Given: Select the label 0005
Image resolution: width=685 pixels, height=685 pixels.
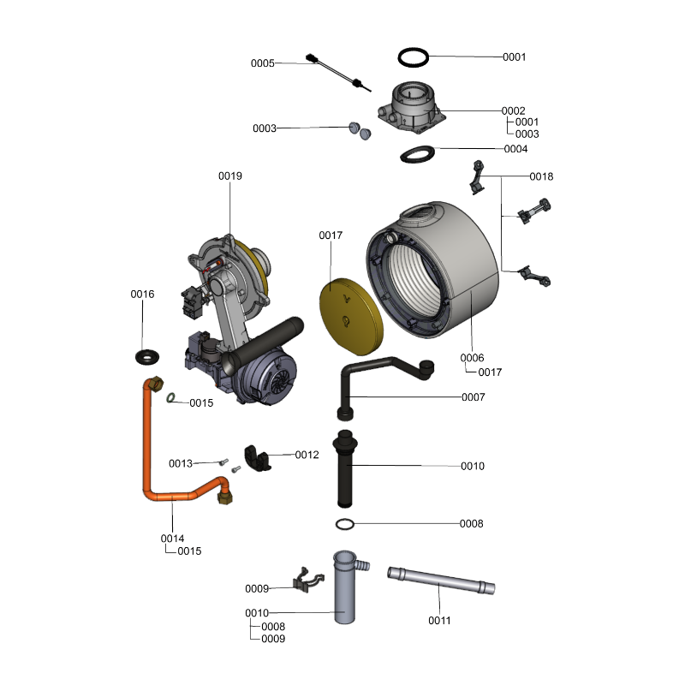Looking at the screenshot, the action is [x=263, y=63].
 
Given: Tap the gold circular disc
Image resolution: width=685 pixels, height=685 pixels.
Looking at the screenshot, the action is [x=351, y=316].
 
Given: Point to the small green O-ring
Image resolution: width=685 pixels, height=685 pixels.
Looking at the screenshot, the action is [x=170, y=397].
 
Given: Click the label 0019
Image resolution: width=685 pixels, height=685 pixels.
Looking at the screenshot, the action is [x=230, y=176].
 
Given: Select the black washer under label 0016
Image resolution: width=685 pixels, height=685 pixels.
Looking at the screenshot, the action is [x=146, y=357].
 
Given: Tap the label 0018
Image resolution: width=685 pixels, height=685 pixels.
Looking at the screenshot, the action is [x=541, y=176].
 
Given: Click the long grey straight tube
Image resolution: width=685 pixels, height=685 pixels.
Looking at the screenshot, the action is [x=441, y=581].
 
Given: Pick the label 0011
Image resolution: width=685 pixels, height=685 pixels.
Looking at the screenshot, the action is [x=439, y=620].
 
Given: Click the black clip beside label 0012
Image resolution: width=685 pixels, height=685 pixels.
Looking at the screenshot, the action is [x=258, y=459].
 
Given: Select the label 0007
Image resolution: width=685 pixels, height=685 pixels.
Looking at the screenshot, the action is [x=474, y=397].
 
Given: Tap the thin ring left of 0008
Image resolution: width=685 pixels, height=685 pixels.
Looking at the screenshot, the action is [x=345, y=524].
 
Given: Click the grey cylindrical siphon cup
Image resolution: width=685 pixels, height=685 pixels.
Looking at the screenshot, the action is [x=345, y=587].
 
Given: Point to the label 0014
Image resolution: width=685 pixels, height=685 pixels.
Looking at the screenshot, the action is [x=172, y=539].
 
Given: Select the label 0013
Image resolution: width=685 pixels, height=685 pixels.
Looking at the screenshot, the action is [x=181, y=463].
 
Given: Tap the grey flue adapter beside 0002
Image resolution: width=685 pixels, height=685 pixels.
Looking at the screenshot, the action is [x=412, y=107].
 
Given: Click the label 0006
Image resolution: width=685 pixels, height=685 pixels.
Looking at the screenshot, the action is [x=472, y=358].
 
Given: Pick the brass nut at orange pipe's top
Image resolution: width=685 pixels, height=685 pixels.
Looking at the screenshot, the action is [x=156, y=384].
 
